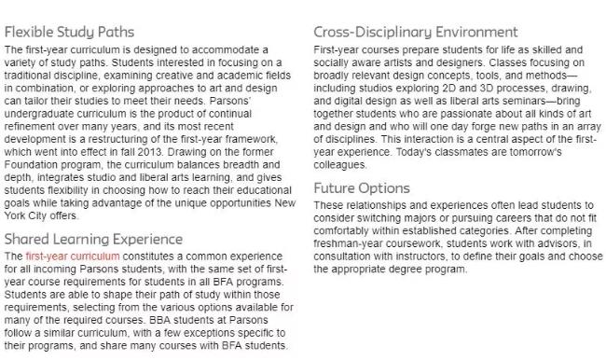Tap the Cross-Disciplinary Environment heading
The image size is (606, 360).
(415, 31)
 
